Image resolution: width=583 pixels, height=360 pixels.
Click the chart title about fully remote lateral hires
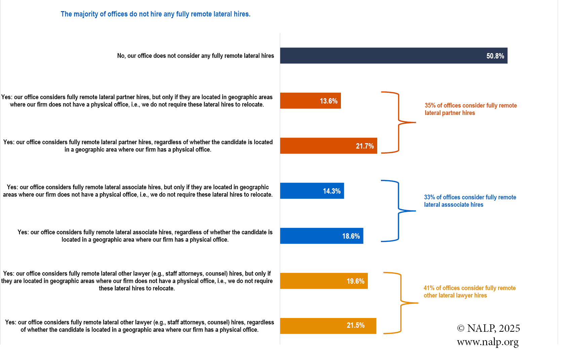point(155,14)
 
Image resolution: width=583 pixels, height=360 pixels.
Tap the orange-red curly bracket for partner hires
point(399,122)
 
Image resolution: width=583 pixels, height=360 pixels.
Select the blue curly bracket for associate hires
point(399,211)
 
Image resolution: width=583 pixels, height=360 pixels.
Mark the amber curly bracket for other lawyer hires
point(401,303)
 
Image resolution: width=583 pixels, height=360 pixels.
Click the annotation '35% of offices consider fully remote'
point(470,106)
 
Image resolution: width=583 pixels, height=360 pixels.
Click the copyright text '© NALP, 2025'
point(488,328)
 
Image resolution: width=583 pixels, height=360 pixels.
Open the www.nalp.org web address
point(488,342)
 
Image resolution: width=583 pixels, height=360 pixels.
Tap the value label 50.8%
point(495,56)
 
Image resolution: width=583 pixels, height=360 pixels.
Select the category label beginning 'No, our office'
point(195,56)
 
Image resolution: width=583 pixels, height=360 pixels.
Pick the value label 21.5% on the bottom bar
point(355,325)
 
